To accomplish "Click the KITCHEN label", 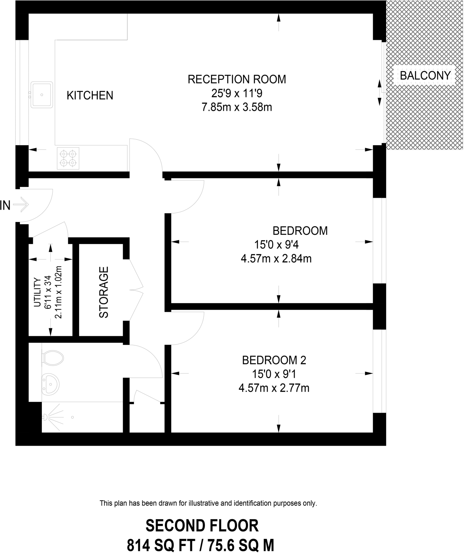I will (x=90, y=96).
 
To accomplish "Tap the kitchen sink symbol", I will (x=42, y=95).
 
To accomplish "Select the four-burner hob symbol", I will (x=68, y=158).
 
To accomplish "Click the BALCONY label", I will (x=425, y=76).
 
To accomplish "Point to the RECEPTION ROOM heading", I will (x=237, y=79).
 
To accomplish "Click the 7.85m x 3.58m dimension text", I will (x=237, y=107).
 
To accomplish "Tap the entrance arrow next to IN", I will (x=21, y=205).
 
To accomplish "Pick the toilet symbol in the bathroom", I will (x=53, y=358).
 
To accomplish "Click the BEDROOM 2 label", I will (x=274, y=360).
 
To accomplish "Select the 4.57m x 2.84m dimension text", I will (x=276, y=259).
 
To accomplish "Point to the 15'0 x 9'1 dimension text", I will (x=274, y=374).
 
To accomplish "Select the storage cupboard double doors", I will (x=137, y=290).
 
